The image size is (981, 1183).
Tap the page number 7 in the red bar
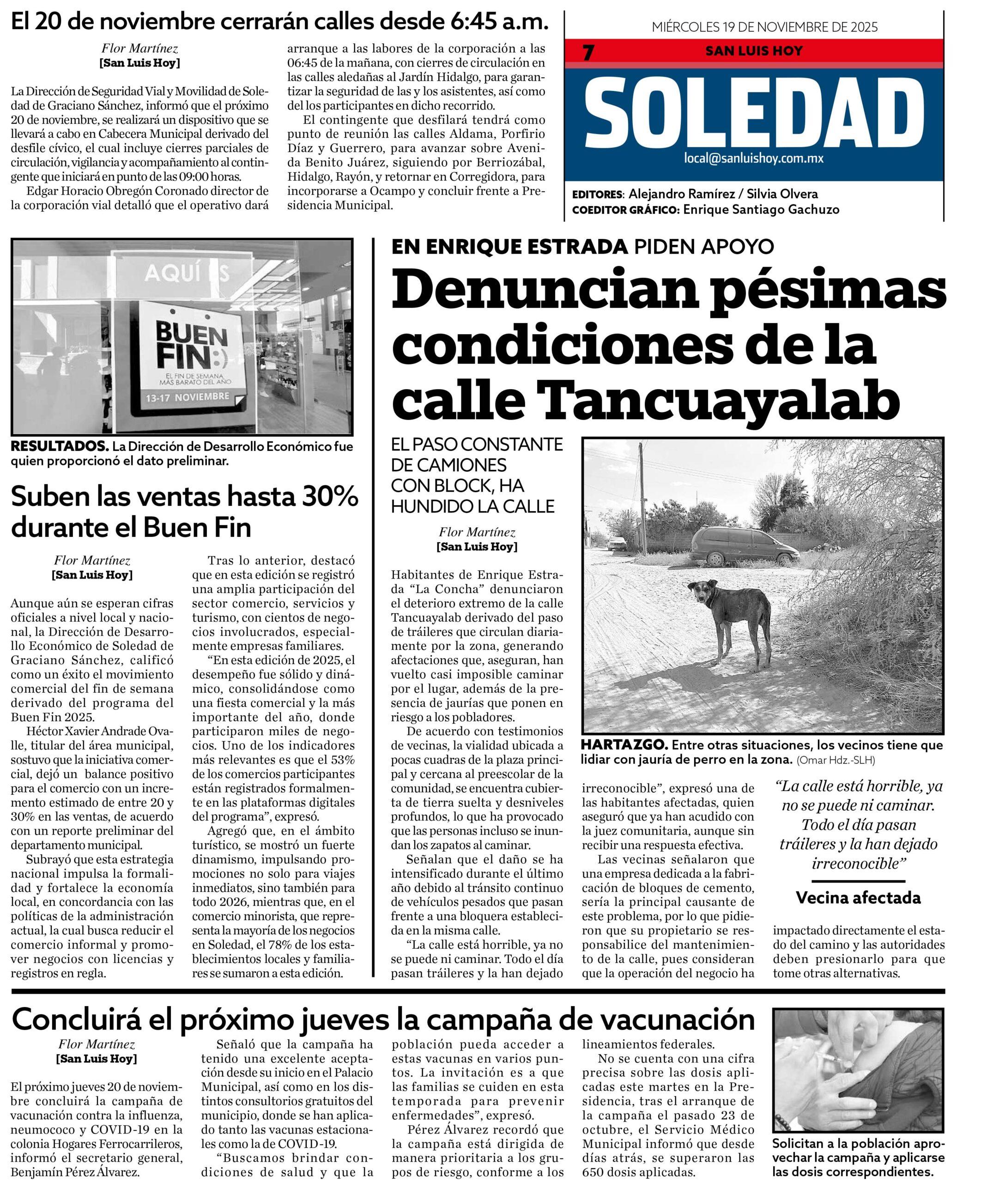coord(588,52)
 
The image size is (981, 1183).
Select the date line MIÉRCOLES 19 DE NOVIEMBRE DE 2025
coord(764,27)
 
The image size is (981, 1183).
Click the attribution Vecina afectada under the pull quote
coord(858,897)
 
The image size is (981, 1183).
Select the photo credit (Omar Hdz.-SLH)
coord(836,760)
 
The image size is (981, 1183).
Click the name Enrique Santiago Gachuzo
coord(761,209)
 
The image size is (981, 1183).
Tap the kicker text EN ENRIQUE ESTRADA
coord(509,246)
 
